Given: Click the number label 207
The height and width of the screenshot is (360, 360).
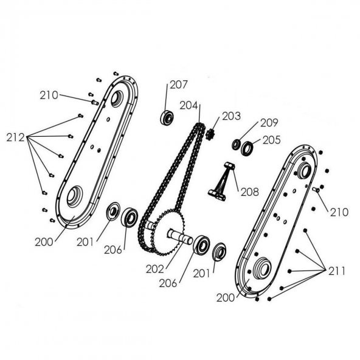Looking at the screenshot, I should coord(178,85).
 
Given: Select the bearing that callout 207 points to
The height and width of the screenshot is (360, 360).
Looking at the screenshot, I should coord(165,117).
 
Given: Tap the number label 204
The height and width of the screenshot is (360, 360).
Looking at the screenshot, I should coord(189,105).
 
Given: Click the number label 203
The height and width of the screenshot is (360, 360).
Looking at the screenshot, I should coord(231,116).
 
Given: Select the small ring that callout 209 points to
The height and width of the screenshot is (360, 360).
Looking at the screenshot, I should coord(237,144).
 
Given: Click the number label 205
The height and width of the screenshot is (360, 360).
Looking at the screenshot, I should coord(272,140).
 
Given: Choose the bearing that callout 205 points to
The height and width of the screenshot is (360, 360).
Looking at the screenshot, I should coord(247,148).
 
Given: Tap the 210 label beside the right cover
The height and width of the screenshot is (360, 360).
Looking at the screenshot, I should coord(338,212).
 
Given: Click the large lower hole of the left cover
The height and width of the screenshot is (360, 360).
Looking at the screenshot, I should coord(75,196).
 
